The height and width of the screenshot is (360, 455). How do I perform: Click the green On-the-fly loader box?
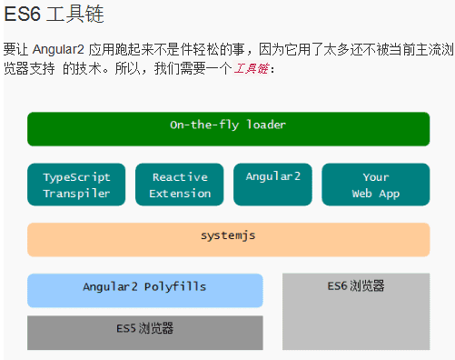tap(228, 129)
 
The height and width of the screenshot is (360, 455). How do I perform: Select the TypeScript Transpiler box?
tap(76, 185)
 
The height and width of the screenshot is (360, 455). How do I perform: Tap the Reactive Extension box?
tap(180, 185)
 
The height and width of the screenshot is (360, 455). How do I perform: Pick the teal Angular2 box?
tap(272, 185)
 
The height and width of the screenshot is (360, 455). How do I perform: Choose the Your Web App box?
tap(375, 185)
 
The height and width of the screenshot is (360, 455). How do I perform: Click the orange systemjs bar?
tap(228, 239)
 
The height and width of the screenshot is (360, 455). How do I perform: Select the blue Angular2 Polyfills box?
tap(144, 290)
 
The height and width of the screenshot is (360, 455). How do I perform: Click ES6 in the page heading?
tap(22, 15)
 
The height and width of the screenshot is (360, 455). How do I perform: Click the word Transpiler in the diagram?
tap(76, 193)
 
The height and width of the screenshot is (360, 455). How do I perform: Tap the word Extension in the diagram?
tap(180, 193)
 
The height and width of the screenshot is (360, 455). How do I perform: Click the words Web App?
tap(375, 193)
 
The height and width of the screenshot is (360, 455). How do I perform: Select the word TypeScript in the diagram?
tap(76, 177)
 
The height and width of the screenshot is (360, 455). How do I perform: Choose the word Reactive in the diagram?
tap(180, 177)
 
